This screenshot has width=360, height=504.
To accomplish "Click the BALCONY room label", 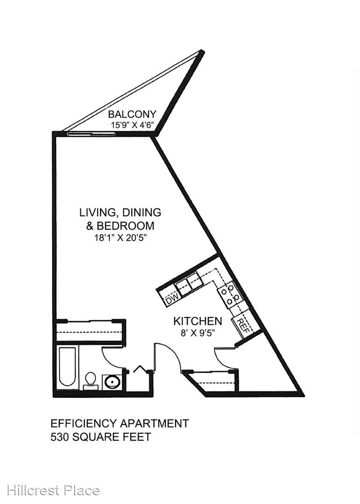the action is [x=132, y=114].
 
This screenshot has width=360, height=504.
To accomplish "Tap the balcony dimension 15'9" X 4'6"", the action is [x=133, y=125].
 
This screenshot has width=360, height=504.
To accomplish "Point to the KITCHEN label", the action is [x=198, y=321].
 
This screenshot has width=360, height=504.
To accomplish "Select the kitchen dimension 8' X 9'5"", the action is [x=198, y=333].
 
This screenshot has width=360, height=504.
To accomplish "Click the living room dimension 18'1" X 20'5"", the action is [x=120, y=238].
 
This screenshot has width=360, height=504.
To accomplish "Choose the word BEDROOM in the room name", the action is [x=126, y=226].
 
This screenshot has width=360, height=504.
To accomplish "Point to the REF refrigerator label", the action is [x=244, y=326].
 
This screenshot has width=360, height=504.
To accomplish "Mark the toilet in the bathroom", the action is [x=91, y=380].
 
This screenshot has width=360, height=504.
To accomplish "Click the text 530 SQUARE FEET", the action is [x=101, y=437].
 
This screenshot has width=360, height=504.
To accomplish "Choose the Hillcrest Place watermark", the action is [x=53, y=490].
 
